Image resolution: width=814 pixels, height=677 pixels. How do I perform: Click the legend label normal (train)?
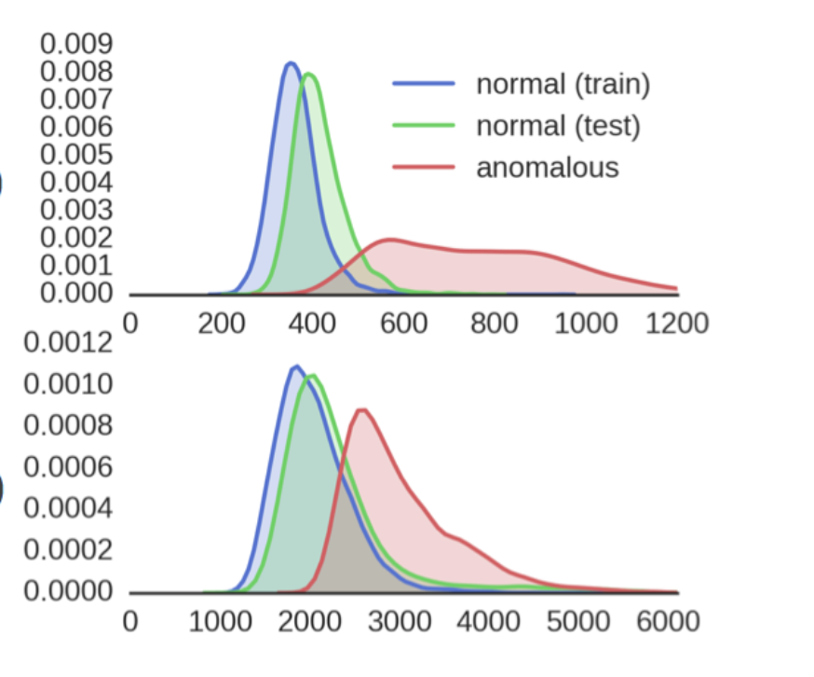(563, 84)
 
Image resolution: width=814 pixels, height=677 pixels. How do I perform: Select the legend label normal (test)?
(558, 125)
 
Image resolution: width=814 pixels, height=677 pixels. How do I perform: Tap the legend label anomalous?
(547, 167)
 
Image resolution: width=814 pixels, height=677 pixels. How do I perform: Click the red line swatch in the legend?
(424, 168)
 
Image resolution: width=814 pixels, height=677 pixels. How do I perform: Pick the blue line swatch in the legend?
(424, 84)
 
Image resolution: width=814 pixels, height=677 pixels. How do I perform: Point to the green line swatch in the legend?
(424, 126)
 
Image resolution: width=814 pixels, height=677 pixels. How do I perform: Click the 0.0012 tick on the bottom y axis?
(67, 343)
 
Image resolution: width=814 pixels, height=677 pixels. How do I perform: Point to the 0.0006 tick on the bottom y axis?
(67, 467)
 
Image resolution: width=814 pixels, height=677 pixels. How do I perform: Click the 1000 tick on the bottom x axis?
(221, 622)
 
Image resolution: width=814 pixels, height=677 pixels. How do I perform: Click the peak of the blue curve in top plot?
(291, 63)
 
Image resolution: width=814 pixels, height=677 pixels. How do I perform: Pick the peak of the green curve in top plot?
(308, 75)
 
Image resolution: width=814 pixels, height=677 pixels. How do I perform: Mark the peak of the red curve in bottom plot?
(361, 409)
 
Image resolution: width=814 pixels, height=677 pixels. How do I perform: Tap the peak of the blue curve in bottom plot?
(295, 366)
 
